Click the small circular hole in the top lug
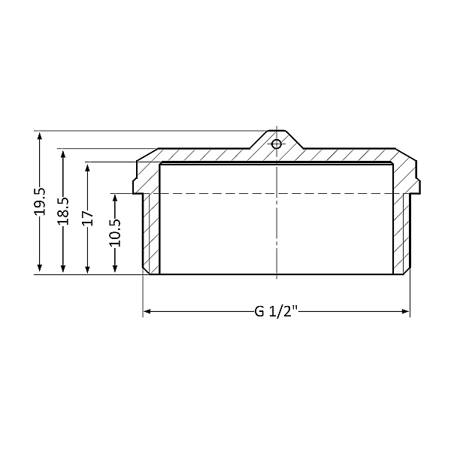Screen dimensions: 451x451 (x=277, y=144)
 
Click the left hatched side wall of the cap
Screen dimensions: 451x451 (x=152, y=233)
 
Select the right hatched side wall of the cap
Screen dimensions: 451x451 (x=402, y=233)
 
